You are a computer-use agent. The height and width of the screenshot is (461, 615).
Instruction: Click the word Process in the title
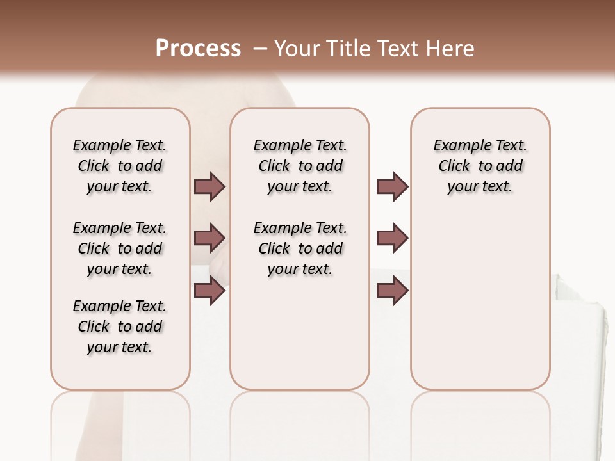(x=198, y=49)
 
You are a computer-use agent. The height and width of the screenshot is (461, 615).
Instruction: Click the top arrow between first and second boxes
(x=209, y=186)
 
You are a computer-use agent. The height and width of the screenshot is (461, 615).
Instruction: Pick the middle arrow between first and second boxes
(x=209, y=238)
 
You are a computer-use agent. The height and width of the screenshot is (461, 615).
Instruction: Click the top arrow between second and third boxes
(x=392, y=186)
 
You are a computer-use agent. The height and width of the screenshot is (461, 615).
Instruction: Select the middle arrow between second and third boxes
(x=392, y=238)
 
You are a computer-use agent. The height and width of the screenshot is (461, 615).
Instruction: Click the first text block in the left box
(x=120, y=166)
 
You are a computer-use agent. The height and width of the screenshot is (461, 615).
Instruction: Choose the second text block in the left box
(x=120, y=248)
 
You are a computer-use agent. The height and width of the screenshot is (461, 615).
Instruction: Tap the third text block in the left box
(x=120, y=327)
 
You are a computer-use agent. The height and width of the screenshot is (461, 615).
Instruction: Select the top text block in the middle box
(x=300, y=166)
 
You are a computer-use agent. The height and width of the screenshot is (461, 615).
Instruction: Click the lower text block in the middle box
(x=300, y=248)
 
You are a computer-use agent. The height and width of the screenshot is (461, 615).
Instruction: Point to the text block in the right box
(x=480, y=166)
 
